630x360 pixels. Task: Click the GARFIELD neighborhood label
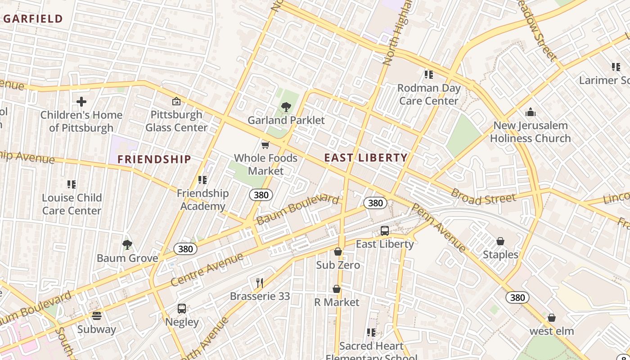click(32, 19)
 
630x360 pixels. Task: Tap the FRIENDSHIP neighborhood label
click(154, 159)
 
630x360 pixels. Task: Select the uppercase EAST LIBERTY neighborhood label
click(366, 158)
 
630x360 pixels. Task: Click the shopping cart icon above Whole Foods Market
click(265, 145)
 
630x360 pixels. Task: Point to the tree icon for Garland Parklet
click(286, 107)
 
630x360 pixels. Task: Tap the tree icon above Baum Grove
click(127, 245)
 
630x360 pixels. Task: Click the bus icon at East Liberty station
click(385, 231)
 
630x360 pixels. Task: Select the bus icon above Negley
click(182, 309)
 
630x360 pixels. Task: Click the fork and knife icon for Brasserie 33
click(260, 283)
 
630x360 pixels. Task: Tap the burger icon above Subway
click(96, 316)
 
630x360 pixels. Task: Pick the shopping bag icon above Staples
click(500, 242)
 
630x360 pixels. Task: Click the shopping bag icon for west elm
click(552, 318)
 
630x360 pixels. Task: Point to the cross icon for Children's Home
click(81, 102)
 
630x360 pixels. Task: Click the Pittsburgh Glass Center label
click(176, 121)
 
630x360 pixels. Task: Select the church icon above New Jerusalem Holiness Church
click(531, 112)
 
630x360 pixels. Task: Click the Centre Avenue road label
click(207, 270)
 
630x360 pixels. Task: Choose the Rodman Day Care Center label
click(429, 94)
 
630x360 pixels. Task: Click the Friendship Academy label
click(202, 199)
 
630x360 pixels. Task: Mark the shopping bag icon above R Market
click(337, 289)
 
